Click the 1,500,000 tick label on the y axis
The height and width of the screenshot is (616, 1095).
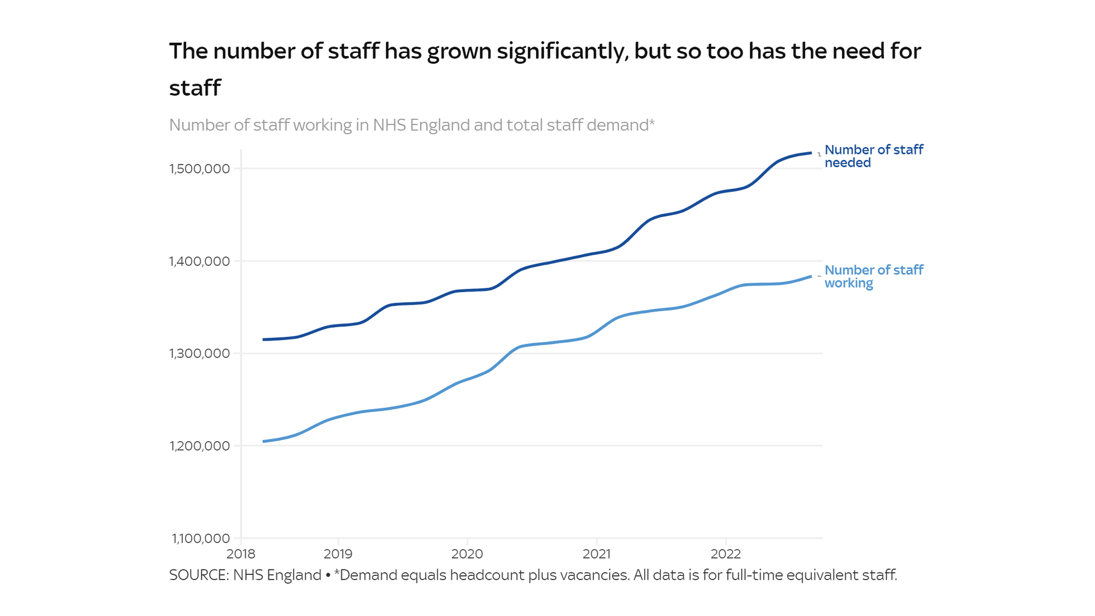pyautogui.click(x=199, y=169)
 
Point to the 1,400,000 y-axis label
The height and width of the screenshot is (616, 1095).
pyautogui.click(x=199, y=261)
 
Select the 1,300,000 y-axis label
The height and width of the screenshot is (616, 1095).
pyautogui.click(x=199, y=353)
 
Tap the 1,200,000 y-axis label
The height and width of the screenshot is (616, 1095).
pyautogui.click(x=199, y=446)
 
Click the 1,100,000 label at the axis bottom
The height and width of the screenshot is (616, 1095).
pyautogui.click(x=201, y=538)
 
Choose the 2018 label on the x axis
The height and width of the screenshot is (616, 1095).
pyautogui.click(x=241, y=554)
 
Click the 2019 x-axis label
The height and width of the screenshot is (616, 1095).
pyautogui.click(x=338, y=554)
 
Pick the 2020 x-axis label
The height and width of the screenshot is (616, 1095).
pyautogui.click(x=467, y=554)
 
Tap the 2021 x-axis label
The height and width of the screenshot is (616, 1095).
pyautogui.click(x=597, y=554)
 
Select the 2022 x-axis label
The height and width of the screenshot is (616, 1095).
pyautogui.click(x=726, y=554)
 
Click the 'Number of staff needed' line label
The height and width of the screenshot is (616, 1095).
pyautogui.click(x=873, y=156)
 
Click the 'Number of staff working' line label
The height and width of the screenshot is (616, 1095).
pyautogui.click(x=873, y=276)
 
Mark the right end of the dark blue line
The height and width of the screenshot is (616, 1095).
pyautogui.click(x=811, y=153)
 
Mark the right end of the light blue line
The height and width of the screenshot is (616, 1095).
pyautogui.click(x=811, y=276)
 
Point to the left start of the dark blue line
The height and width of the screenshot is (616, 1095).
pyautogui.click(x=264, y=340)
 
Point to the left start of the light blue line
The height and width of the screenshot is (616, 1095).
pyautogui.click(x=264, y=441)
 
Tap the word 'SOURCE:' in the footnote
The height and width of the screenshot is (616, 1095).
pyautogui.click(x=199, y=575)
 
